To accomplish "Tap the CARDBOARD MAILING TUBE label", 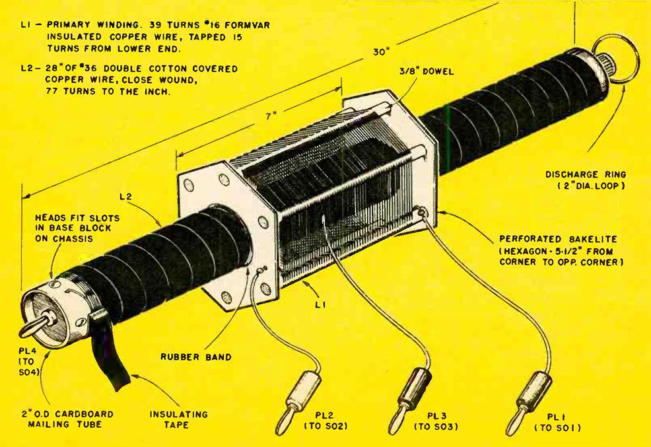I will coord(59,419).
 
